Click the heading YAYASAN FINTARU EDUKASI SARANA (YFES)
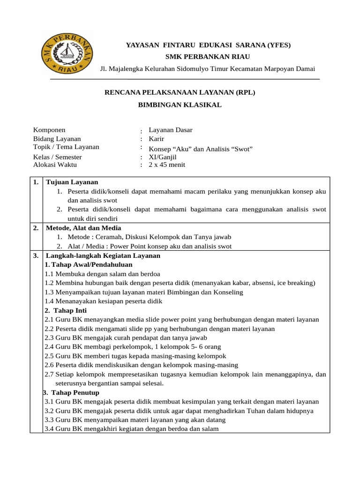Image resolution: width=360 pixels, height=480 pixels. coord(208,45)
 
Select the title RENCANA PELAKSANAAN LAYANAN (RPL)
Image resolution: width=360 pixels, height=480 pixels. coord(180,92)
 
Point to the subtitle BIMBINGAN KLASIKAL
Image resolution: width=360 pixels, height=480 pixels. coord(180,105)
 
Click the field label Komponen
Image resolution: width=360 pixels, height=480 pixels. coord(49,130)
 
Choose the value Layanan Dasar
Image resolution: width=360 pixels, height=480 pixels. coord(171,130)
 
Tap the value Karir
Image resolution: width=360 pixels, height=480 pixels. coord(157,139)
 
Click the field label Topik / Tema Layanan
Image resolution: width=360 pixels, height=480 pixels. coord(66,147)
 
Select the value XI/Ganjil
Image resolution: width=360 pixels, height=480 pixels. coord(163,157)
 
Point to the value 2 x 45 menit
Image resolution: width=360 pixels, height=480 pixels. coord(167,165)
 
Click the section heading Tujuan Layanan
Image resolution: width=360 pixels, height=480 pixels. coord(72,182)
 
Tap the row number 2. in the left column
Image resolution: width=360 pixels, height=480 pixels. coord(36,228)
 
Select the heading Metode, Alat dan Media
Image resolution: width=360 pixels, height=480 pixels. coord(83,228)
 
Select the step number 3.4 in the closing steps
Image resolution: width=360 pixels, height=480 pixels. coord(49,428)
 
